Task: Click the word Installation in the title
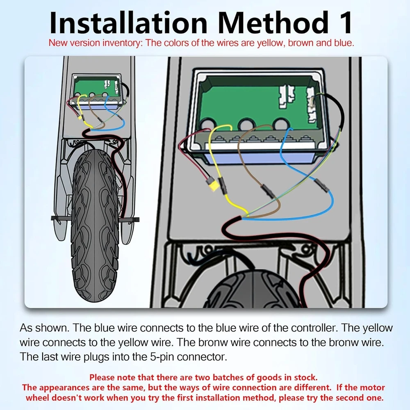point(128,23)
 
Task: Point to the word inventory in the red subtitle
point(122,43)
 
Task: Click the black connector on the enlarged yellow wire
point(222,185)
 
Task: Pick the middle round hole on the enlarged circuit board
point(246,125)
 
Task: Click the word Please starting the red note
point(102,378)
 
